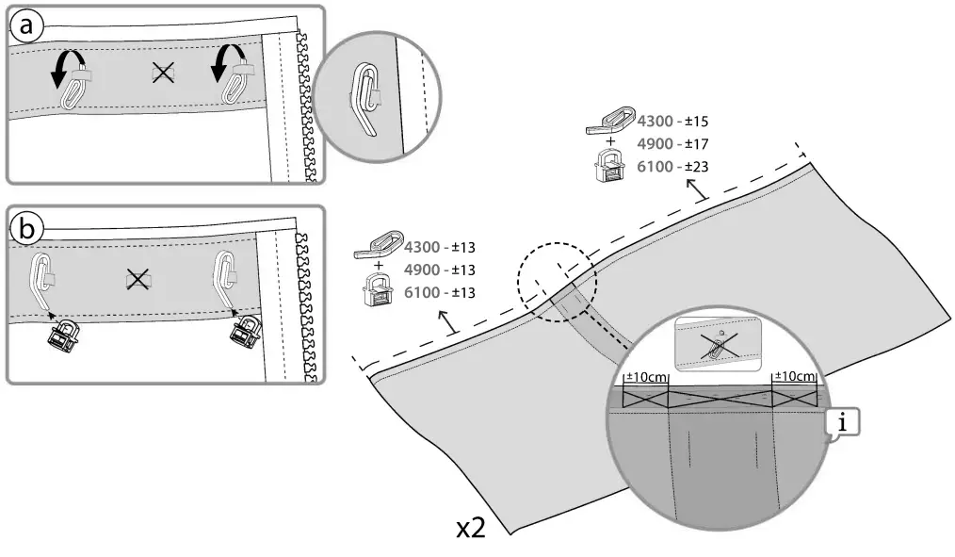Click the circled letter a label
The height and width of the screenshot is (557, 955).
26,26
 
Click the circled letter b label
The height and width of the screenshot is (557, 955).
26,227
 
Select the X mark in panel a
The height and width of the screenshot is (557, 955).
163,73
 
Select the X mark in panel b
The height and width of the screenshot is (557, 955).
138,278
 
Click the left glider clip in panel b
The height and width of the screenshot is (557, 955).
64,334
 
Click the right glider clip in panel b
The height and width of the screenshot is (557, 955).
247,331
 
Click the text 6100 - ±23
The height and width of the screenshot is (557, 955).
673,166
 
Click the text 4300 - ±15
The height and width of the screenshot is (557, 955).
673,121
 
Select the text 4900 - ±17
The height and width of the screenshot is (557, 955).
673,143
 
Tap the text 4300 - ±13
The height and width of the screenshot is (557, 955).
440,248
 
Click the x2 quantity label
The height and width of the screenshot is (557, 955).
471,529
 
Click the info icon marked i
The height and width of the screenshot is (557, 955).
843,424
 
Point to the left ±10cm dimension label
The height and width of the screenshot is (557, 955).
646,377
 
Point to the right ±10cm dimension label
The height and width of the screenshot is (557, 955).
794,377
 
